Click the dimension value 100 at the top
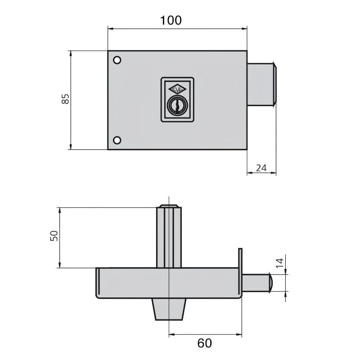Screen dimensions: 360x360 point(171,20)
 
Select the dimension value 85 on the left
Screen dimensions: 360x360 point(65,99)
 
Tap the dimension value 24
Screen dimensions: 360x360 point(261,168)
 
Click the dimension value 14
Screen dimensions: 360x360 point(279,263)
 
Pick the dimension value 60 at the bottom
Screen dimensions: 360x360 point(204,343)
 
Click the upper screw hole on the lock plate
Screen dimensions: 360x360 point(117,60)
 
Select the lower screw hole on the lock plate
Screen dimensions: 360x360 point(117,140)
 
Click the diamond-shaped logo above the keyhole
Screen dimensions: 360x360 point(177,88)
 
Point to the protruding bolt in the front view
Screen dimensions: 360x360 point(262,84)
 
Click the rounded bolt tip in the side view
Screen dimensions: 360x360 point(271,282)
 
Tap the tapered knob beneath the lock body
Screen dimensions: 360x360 point(170,309)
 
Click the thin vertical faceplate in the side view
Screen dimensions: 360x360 point(240,270)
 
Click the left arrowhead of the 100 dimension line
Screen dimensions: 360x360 point(110,29)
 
